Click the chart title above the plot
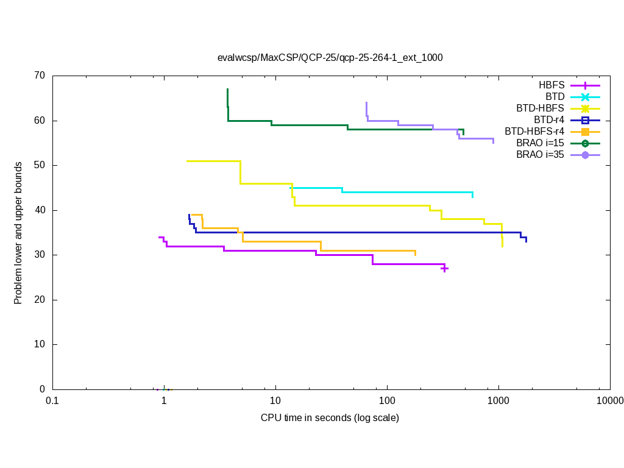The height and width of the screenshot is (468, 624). (330, 58)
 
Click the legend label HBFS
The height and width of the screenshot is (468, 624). (551, 85)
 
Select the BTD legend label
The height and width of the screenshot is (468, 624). (555, 96)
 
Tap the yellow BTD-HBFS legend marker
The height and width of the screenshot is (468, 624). (585, 108)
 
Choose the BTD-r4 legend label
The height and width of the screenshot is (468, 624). (548, 119)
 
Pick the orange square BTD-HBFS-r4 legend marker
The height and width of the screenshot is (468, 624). (585, 131)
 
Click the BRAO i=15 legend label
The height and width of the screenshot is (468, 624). (540, 143)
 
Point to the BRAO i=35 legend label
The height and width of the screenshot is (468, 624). (540, 154)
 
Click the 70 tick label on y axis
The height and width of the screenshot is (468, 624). (40, 76)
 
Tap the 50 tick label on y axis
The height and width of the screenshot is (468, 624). (40, 165)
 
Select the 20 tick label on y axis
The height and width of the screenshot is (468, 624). (40, 300)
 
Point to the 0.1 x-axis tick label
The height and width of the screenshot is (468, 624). (52, 400)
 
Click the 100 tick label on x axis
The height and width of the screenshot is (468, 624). (387, 400)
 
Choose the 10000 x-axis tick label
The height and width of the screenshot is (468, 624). (609, 400)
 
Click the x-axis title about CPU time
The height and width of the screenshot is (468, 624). (330, 418)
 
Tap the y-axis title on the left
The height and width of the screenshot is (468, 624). (18, 233)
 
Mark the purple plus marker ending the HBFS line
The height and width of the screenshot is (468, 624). (445, 268)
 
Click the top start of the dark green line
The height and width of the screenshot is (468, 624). (227, 89)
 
